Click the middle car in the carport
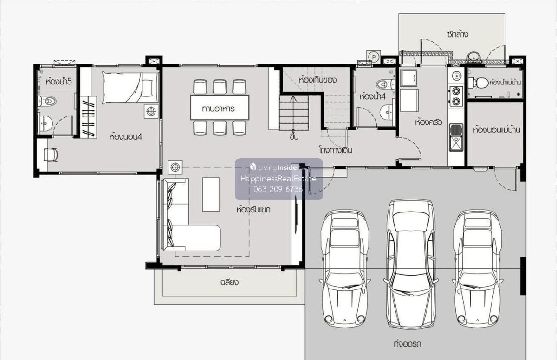tap(411, 264)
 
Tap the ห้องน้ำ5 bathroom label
tap(58, 81)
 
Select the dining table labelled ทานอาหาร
tap(220, 107)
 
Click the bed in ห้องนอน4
tap(130, 88)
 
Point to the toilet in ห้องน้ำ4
tap(386, 84)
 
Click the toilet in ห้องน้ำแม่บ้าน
tap(478, 83)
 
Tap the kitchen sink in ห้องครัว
tap(456, 137)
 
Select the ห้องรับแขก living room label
tap(253, 209)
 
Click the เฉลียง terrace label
tap(229, 282)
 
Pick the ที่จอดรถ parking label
tap(408, 344)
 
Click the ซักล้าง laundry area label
tap(457, 34)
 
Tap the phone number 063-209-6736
tap(278, 189)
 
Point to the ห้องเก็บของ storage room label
tap(318, 80)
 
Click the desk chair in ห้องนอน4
tap(51, 154)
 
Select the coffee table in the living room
tap(211, 194)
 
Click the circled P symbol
tap(373, 57)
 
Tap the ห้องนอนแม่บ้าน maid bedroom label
tap(496, 130)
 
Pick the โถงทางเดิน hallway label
tap(336, 150)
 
